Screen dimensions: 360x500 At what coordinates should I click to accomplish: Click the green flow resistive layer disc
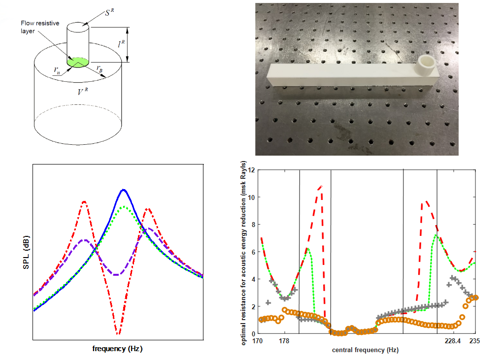click(x=78, y=62)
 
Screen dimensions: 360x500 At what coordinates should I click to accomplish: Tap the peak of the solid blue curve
click(x=123, y=190)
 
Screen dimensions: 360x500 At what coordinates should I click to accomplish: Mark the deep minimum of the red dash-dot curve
click(x=118, y=334)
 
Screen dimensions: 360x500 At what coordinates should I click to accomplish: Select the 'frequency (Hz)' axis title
click(x=118, y=348)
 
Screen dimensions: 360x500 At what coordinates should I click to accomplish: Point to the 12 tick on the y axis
click(x=251, y=170)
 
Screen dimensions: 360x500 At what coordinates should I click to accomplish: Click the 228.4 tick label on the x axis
click(x=452, y=341)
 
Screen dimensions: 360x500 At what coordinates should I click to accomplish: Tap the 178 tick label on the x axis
click(x=283, y=341)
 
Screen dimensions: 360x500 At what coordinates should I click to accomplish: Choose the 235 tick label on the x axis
click(x=475, y=341)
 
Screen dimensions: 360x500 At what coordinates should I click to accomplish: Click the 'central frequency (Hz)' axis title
click(x=365, y=350)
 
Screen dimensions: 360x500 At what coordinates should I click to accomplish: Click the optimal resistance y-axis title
click(x=244, y=255)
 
